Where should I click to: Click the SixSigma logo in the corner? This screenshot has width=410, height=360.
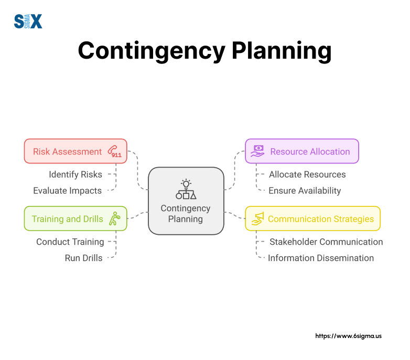click(x=28, y=21)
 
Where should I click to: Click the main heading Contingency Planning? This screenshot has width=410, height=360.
click(x=204, y=51)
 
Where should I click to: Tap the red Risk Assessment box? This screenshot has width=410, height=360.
click(x=75, y=151)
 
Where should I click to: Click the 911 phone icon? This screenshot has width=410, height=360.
click(x=114, y=151)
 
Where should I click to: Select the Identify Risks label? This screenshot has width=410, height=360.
click(x=75, y=174)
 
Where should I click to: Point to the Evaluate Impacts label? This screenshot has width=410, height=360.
click(x=67, y=191)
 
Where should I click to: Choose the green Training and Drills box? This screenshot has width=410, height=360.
click(x=75, y=219)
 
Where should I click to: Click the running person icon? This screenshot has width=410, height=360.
click(x=114, y=219)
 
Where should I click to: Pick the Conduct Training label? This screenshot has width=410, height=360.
click(x=70, y=242)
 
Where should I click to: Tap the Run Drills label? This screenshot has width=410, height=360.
click(x=83, y=258)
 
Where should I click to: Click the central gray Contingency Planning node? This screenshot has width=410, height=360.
click(x=186, y=201)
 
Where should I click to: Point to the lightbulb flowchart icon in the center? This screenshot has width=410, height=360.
click(x=186, y=189)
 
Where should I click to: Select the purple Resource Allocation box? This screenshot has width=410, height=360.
click(x=301, y=151)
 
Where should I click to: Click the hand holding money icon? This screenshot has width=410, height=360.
click(x=257, y=151)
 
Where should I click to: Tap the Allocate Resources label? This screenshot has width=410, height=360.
click(x=307, y=174)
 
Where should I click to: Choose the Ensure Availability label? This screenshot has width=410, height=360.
click(x=305, y=191)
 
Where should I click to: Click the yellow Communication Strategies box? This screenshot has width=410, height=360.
click(x=312, y=219)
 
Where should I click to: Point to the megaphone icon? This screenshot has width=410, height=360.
click(x=257, y=219)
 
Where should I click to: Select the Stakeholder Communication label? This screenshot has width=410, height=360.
click(x=326, y=242)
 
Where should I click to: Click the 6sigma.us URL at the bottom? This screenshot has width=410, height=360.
click(x=348, y=336)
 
